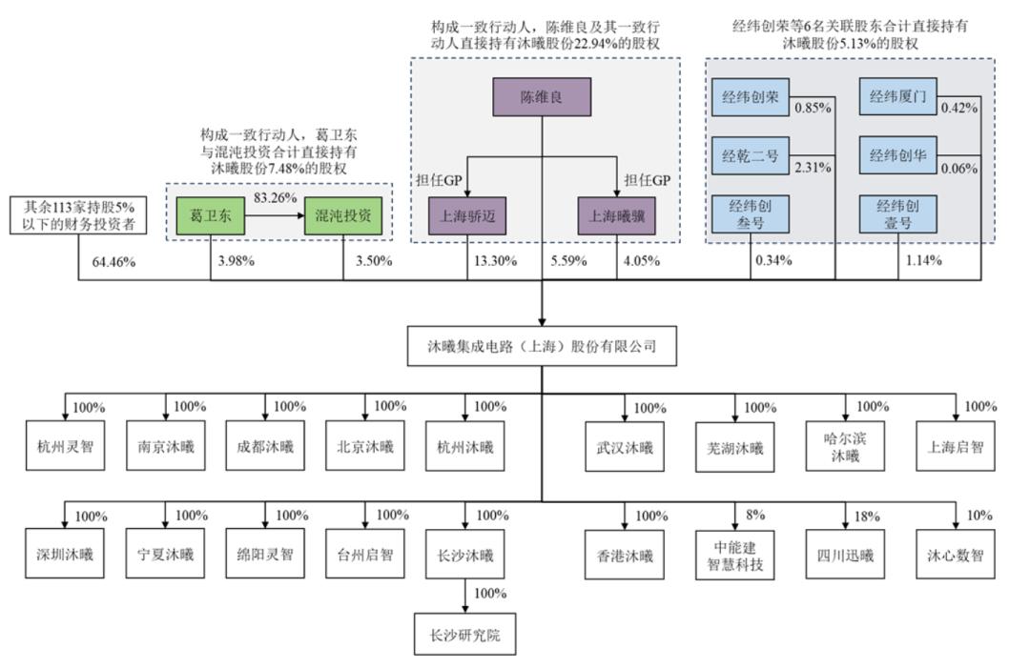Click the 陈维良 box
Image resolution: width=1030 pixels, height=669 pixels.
[542, 98]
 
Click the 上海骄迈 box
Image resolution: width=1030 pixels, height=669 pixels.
[466, 216]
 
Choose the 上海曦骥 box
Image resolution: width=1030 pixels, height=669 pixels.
[617, 216]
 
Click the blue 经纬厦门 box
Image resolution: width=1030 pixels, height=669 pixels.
[898, 96]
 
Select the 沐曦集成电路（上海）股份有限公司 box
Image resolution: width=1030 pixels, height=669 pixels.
[543, 346]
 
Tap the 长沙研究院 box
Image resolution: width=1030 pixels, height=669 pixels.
[465, 635]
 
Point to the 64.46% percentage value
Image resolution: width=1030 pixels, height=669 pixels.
[113, 262]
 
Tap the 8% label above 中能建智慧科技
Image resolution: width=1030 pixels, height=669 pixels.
[755, 516]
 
